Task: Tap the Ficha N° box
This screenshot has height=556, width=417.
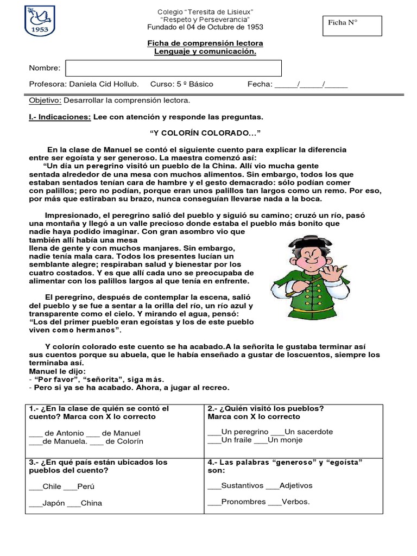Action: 352,26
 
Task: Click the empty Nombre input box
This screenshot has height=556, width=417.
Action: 173,68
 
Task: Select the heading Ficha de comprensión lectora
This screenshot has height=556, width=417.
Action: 205,43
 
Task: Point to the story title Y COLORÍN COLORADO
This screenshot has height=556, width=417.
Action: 205,133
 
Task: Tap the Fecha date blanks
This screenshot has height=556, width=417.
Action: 311,85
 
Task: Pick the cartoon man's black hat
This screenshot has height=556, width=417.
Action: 309,242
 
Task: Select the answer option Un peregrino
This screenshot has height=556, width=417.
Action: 238,432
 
